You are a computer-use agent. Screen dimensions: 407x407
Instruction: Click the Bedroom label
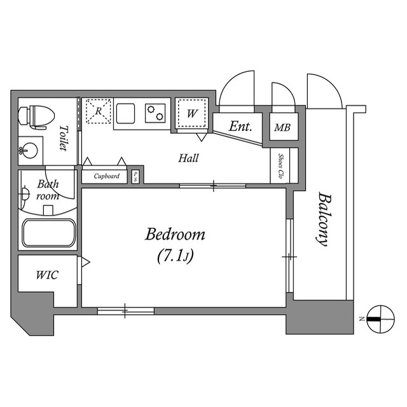tap(175, 235)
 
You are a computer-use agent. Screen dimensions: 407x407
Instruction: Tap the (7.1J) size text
tap(175, 256)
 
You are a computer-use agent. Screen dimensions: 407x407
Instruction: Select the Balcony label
tap(324, 219)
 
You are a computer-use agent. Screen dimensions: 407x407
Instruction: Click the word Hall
tap(188, 158)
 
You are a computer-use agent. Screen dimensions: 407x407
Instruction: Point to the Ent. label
tap(240, 127)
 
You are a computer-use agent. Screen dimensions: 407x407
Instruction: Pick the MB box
tap(282, 128)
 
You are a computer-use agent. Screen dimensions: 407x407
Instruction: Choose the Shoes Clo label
tap(281, 167)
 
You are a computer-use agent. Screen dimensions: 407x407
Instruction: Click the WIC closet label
tap(47, 275)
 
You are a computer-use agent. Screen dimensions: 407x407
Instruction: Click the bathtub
tap(49, 233)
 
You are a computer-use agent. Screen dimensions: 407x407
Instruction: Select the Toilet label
tap(64, 138)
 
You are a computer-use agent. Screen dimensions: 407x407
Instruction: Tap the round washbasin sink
tap(28, 151)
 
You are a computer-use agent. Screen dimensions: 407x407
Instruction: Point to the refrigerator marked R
tap(99, 111)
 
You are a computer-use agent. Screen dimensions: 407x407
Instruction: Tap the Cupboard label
tap(106, 176)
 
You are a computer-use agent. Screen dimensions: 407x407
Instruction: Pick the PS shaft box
tap(135, 176)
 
